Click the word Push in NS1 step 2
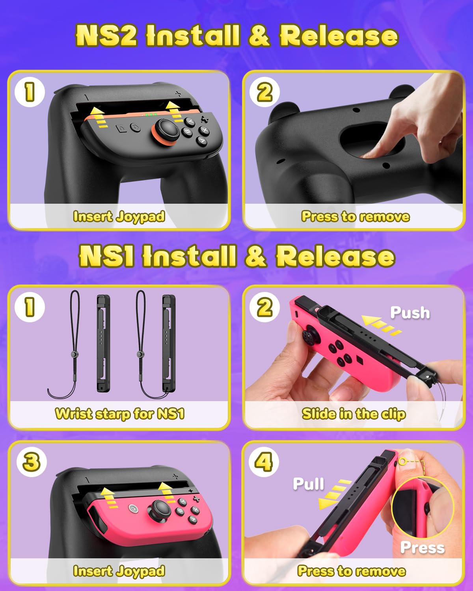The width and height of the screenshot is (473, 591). (410, 313)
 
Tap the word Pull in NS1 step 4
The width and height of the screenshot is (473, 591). (308, 484)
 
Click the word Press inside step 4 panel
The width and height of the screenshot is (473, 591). (422, 548)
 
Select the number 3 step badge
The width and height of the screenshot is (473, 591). (32, 462)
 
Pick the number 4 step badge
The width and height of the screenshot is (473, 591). (264, 462)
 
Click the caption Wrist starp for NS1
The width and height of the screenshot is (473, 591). (119, 414)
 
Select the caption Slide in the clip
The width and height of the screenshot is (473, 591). (354, 414)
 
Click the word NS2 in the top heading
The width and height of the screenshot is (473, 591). (106, 35)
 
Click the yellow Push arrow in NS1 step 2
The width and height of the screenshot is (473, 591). (381, 325)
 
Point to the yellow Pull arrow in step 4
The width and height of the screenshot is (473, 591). (333, 495)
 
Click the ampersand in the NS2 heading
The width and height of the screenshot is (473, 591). (259, 35)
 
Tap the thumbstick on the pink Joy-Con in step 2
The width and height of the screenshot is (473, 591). (309, 335)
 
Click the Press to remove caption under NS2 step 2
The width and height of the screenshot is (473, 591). (355, 217)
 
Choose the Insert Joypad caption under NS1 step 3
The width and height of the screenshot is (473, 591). (119, 571)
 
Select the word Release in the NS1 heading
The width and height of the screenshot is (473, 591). (335, 256)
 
